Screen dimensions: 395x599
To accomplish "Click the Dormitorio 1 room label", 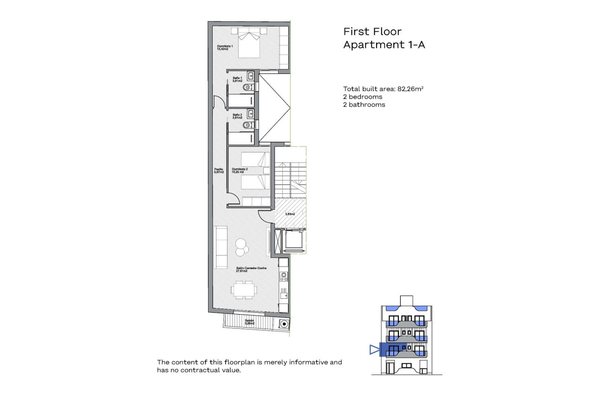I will (x=225, y=47).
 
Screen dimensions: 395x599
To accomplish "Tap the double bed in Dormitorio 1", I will (x=250, y=43).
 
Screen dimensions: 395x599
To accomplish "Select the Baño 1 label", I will (x=237, y=79).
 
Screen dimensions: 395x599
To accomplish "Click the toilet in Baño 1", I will (x=248, y=87).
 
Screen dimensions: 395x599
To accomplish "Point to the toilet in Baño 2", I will (x=248, y=125).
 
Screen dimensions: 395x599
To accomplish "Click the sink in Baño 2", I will (x=251, y=113).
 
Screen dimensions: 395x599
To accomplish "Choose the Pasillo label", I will (x=219, y=171).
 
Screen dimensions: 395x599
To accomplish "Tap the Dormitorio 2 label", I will (x=240, y=170).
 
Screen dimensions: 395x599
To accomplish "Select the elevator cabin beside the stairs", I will (x=293, y=240).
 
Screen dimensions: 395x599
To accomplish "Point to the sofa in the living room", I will (x=220, y=247).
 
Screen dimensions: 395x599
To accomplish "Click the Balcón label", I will (x=249, y=322).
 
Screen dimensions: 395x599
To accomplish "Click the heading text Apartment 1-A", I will (x=384, y=45).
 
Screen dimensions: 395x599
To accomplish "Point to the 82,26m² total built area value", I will (x=410, y=89).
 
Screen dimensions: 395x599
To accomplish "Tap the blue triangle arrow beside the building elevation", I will (x=374, y=349).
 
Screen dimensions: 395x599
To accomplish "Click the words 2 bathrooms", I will (x=364, y=105).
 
